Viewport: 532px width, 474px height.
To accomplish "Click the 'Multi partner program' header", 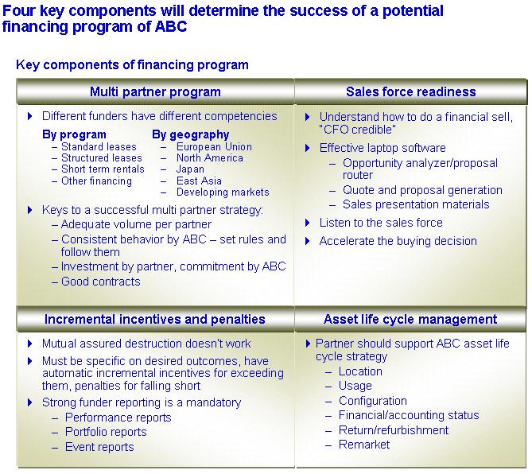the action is (155, 92).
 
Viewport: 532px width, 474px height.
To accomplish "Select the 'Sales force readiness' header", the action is (411, 92).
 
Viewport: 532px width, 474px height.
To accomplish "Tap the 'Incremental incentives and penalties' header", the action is (155, 319).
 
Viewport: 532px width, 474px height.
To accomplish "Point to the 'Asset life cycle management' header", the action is (410, 319).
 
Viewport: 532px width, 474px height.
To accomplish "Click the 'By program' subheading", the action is (74, 134).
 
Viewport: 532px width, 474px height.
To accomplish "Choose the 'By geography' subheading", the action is (190, 134).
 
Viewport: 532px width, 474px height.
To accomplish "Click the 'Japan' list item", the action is (190, 169).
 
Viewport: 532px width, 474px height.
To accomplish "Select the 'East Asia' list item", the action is (199, 181).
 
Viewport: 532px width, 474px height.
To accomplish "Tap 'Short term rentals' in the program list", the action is (103, 169).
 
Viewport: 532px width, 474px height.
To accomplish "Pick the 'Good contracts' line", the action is (100, 282).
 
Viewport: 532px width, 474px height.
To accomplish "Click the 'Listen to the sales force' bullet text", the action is (381, 223).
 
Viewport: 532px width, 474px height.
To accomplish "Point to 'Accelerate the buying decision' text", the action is (398, 241).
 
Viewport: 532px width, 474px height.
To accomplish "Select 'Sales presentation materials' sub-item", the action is (416, 204).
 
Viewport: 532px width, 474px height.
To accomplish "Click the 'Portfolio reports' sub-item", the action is (106, 432).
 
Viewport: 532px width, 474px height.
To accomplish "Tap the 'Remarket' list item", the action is (364, 445).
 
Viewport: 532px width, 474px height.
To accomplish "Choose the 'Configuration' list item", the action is (372, 401).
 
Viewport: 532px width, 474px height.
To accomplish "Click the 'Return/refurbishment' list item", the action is (394, 430).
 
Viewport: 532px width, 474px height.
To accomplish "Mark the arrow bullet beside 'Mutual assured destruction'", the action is (30, 344).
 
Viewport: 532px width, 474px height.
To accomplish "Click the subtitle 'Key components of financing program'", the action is (132, 64).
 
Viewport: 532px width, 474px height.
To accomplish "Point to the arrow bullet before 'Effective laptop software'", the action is (308, 148).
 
